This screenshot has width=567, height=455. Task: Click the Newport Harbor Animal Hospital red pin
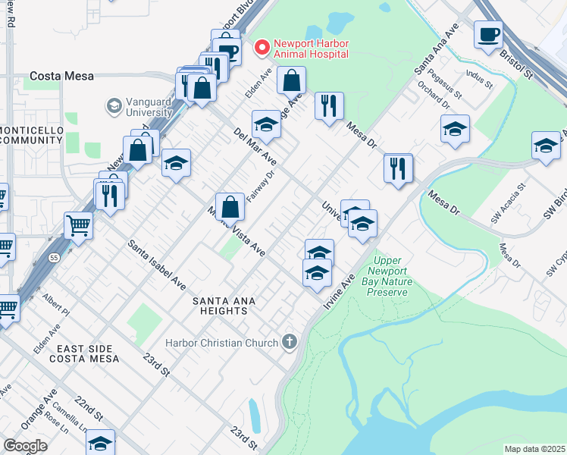pyautogui.click(x=262, y=48)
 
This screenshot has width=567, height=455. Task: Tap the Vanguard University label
pyautogui.click(x=150, y=111)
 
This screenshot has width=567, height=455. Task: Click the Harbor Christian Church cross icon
pyautogui.click(x=288, y=343)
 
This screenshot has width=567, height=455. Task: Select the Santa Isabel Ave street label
pyautogui.click(x=157, y=265)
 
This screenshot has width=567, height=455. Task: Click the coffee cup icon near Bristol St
pyautogui.click(x=488, y=34)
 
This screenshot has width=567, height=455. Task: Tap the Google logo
pyautogui.click(x=25, y=446)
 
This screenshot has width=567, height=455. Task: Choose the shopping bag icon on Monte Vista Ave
pyautogui.click(x=230, y=206)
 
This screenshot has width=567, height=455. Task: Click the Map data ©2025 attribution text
pyautogui.click(x=534, y=449)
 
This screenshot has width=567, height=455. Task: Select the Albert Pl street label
pyautogui.click(x=56, y=305)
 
